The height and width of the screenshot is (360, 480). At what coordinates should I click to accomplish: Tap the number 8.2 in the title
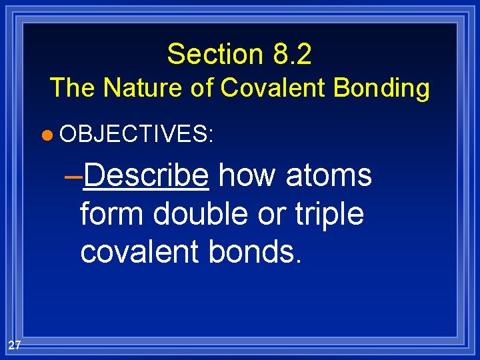[292, 54]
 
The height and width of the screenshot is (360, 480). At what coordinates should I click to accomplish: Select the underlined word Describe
[147, 175]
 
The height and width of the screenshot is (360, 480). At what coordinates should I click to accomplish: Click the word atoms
[329, 175]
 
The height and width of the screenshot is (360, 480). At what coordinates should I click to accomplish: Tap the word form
[112, 214]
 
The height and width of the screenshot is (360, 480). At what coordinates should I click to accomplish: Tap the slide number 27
[15, 345]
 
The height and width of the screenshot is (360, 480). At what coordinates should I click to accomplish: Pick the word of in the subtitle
[201, 87]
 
